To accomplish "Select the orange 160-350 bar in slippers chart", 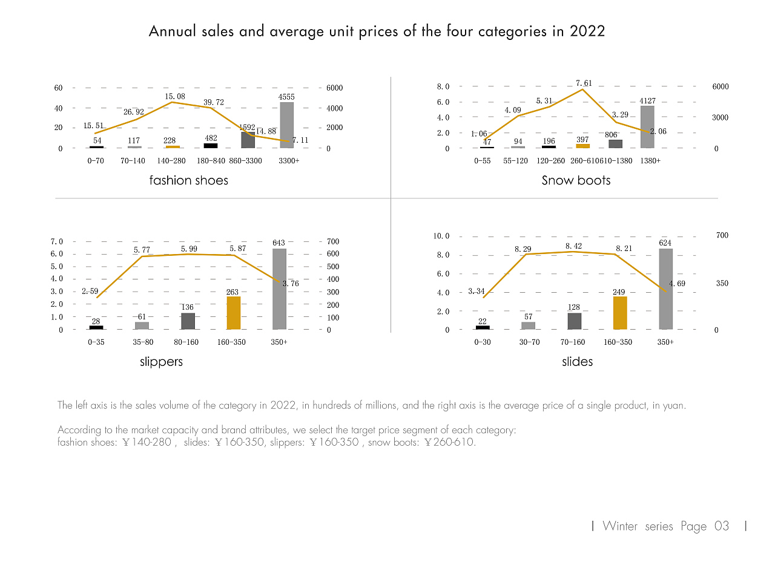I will [233, 313].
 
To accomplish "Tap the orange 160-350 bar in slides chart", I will [619, 313].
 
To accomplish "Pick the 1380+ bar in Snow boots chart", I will [647, 127].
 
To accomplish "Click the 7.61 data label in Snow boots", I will [584, 83].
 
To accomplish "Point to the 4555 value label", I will [286, 97].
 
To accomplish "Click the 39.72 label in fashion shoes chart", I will [214, 102].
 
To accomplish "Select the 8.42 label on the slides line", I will [573, 246].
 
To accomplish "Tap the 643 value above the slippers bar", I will [279, 243].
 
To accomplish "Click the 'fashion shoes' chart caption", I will [189, 180].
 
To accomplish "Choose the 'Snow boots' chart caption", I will [576, 180].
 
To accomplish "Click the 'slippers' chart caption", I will [161, 362].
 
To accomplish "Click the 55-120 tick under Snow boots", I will [515, 162].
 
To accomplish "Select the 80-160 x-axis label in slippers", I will [186, 342].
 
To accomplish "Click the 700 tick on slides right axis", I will [722, 235].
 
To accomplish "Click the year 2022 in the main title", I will [587, 31].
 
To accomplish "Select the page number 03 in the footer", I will [722, 526].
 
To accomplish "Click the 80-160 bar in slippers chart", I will [188, 321].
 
